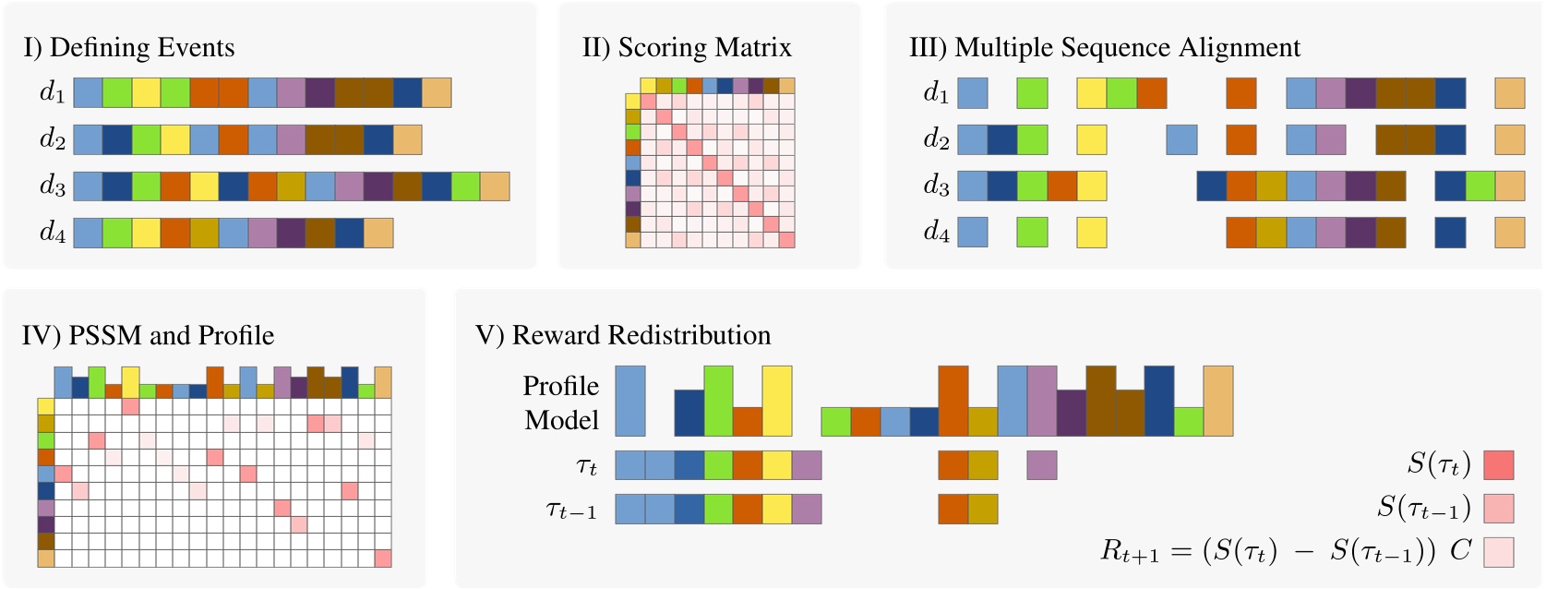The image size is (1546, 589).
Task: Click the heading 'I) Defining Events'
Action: point(129,48)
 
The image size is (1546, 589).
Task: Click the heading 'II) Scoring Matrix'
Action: point(686,48)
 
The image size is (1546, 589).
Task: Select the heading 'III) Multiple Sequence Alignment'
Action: point(1105,48)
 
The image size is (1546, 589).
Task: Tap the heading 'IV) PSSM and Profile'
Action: point(148,335)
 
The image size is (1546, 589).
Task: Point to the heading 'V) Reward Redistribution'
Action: point(623,335)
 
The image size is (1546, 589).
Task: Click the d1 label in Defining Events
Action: point(52,92)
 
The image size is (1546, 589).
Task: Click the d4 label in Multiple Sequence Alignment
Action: point(936,232)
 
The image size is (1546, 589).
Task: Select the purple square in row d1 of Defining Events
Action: point(320,92)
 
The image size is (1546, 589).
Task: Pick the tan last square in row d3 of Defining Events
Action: point(495,186)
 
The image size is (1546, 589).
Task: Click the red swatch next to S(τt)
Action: point(1498,464)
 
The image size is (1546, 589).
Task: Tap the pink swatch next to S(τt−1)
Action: point(1498,508)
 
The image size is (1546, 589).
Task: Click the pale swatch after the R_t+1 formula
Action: point(1498,551)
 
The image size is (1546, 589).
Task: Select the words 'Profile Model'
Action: point(561,403)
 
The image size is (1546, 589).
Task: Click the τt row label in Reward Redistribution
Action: point(586,466)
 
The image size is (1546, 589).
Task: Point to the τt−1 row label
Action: point(571,510)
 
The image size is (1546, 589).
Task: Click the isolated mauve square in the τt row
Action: point(1041,464)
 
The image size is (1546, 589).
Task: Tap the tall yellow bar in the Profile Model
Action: point(777,401)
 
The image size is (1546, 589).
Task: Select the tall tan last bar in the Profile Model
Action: point(1217,401)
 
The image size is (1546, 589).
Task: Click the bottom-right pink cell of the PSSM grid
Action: point(383,558)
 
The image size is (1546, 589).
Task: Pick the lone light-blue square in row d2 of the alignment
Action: point(1181,139)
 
